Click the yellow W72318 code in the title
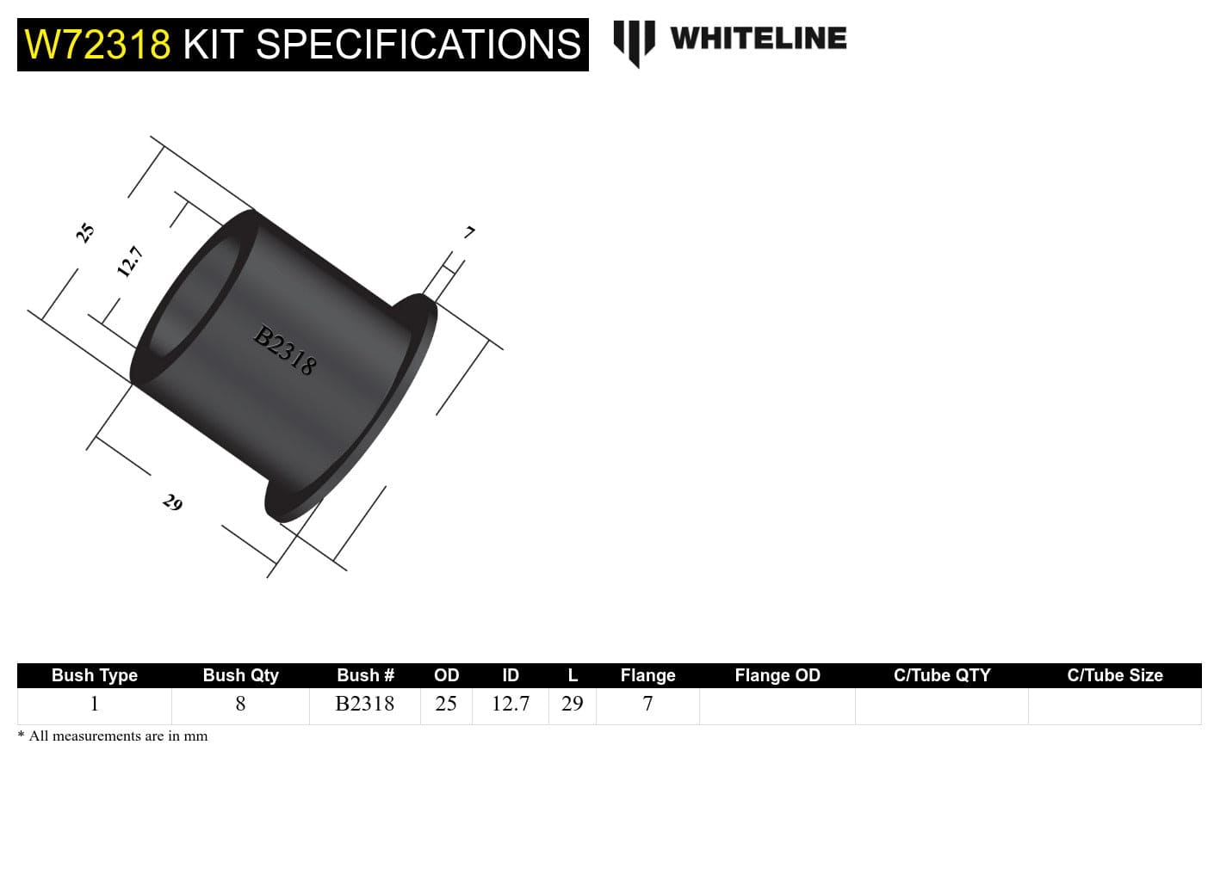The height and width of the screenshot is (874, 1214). [x=97, y=45]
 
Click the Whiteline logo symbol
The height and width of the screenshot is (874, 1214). [x=634, y=42]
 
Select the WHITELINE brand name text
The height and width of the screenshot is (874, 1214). [x=758, y=39]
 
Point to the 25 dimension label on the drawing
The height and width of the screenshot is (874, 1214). [x=84, y=232]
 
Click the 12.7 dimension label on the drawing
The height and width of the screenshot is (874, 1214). [x=129, y=262]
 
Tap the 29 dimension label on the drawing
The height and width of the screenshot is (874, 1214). [x=172, y=502]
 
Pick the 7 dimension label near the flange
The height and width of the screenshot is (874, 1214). [x=469, y=232]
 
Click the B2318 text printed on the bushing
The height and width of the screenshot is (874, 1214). [x=285, y=350]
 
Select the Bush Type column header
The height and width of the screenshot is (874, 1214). [x=94, y=675]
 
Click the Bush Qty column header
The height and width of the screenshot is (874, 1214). [x=240, y=675]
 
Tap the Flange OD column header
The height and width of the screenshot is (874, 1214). [x=777, y=675]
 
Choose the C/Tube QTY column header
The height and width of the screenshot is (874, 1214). [x=941, y=675]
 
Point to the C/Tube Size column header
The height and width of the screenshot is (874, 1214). [x=1114, y=675]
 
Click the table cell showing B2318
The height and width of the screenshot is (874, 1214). [x=364, y=704]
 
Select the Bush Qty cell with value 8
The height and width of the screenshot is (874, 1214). [x=240, y=704]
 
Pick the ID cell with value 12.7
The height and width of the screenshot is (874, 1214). [x=510, y=704]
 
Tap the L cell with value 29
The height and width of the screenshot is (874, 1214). [x=572, y=704]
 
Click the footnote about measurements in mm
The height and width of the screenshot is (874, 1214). [x=113, y=736]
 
